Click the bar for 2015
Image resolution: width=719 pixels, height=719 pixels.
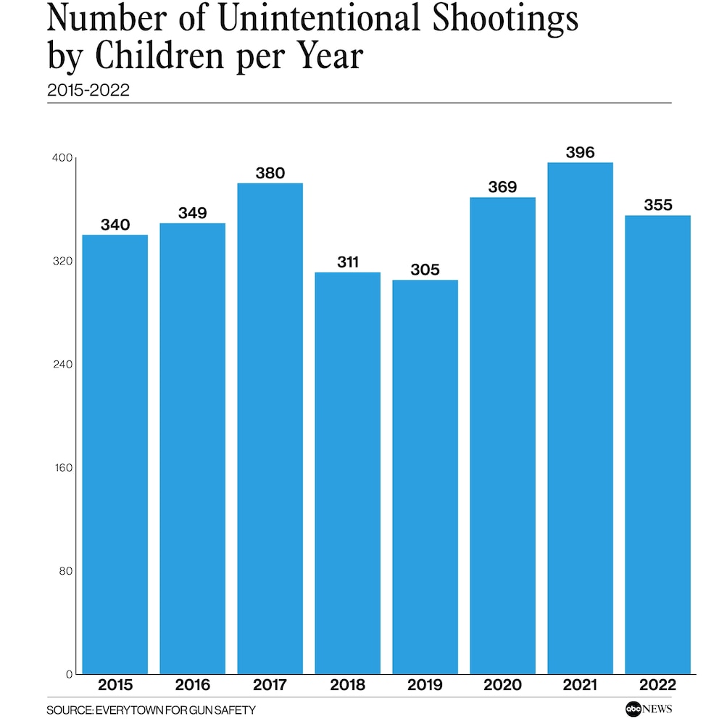pyautogui.click(x=115, y=454)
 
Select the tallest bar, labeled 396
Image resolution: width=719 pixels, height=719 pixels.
pyautogui.click(x=580, y=418)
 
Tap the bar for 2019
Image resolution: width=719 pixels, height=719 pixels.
pyautogui.click(x=425, y=477)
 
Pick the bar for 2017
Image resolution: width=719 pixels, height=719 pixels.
pyautogui.click(x=270, y=428)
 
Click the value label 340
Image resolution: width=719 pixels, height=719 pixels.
pyautogui.click(x=115, y=225)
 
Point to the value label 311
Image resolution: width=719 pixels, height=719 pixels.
pyautogui.click(x=348, y=262)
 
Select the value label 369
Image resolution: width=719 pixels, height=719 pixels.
pyautogui.click(x=502, y=187)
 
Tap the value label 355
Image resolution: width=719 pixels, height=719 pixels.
pyautogui.click(x=657, y=205)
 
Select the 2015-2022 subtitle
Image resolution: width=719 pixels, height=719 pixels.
pyautogui.click(x=88, y=90)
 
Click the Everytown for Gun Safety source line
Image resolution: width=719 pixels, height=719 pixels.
pyautogui.click(x=151, y=710)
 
